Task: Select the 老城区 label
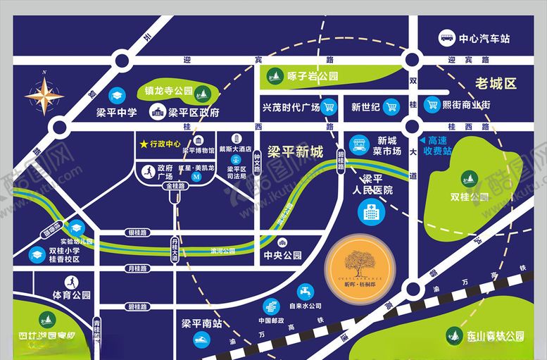[496, 84]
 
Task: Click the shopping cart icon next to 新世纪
[391, 107]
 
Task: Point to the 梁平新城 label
[298, 151]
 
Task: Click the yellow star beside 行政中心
[144, 144]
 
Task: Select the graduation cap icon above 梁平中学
[116, 94]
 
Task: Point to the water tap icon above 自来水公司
[305, 290]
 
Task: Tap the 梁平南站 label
[202, 324]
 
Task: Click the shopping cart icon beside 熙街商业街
[431, 106]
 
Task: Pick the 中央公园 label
[282, 255]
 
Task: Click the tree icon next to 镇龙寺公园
[203, 92]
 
